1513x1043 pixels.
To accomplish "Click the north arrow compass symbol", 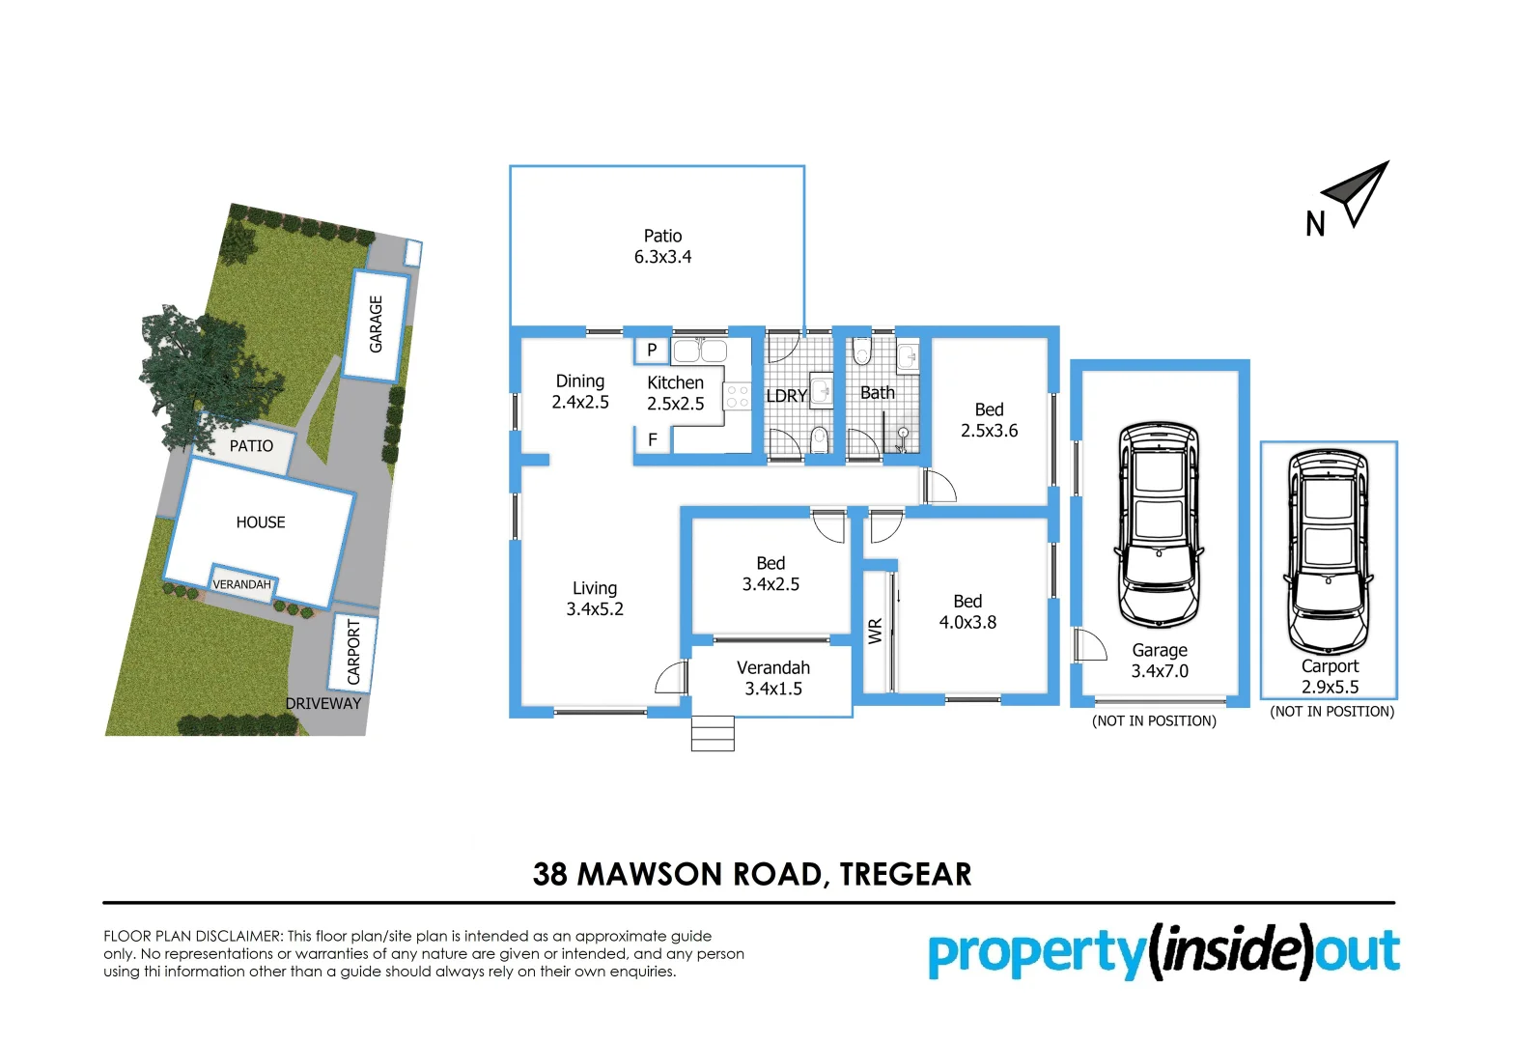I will coord(1356,193).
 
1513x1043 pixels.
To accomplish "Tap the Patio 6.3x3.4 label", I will coord(662,246).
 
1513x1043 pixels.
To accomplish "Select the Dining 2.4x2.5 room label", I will coord(580,392).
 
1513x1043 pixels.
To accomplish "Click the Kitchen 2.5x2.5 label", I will coord(675,393).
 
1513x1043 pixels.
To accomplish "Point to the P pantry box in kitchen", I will coord(652,351).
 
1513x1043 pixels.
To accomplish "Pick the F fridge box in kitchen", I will coord(653,440).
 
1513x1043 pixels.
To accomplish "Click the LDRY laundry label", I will coord(786,396).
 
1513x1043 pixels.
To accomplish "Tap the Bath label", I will coord(877,393).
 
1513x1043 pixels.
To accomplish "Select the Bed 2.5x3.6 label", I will coord(989,420).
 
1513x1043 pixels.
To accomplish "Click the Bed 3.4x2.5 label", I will coord(771,574).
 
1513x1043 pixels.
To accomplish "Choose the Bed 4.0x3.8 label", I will coord(967,612).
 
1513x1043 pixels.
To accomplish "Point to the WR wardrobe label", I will coord(876,632).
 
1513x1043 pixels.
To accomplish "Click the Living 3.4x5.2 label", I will coord(595,599).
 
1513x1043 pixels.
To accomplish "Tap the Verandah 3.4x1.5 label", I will coord(772,678).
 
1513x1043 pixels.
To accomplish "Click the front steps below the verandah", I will coord(713,733).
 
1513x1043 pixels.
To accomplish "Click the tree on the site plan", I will coord(193,367).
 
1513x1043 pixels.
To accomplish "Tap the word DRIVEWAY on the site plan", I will coord(322,703).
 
